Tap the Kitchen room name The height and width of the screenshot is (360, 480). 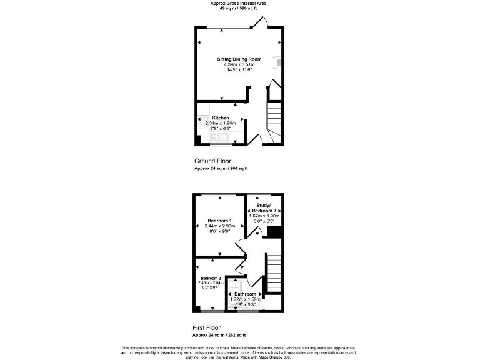pyautogui.click(x=221, y=117)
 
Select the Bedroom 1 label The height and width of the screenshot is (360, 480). pyautogui.click(x=219, y=221)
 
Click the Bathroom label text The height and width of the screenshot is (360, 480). pyautogui.click(x=245, y=294)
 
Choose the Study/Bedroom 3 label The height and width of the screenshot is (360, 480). pyautogui.click(x=262, y=207)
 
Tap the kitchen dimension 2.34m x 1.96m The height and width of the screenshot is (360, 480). pyautogui.click(x=221, y=123)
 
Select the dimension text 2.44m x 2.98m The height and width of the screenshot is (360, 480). pyautogui.click(x=219, y=226)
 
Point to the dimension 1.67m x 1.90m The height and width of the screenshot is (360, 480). pyautogui.click(x=262, y=216)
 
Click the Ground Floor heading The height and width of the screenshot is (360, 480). pyautogui.click(x=212, y=161)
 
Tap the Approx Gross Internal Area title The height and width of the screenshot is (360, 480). pyautogui.click(x=239, y=3)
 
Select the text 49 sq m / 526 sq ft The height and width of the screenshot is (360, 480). pyautogui.click(x=239, y=8)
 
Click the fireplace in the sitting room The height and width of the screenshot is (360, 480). pyautogui.click(x=277, y=62)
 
